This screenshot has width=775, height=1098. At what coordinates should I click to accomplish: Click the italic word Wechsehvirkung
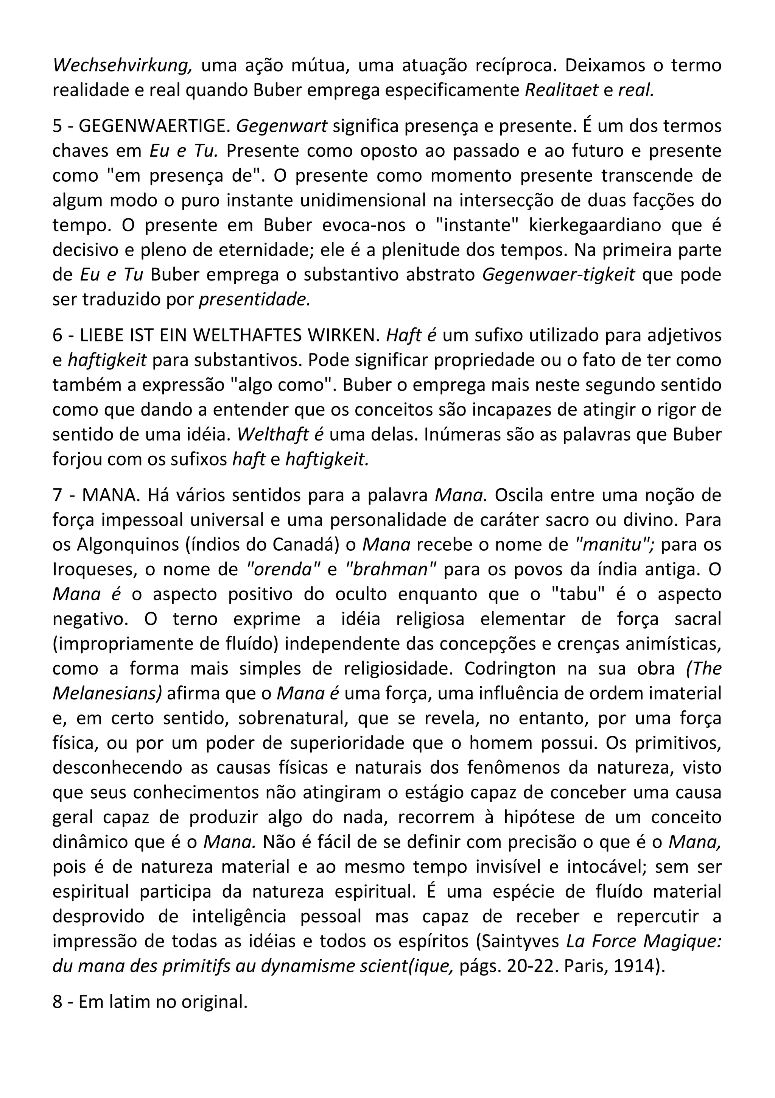tap(122, 65)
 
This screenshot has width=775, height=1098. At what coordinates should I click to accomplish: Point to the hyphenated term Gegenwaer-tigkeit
tap(559, 274)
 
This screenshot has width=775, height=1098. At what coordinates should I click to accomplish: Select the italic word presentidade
tap(254, 299)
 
